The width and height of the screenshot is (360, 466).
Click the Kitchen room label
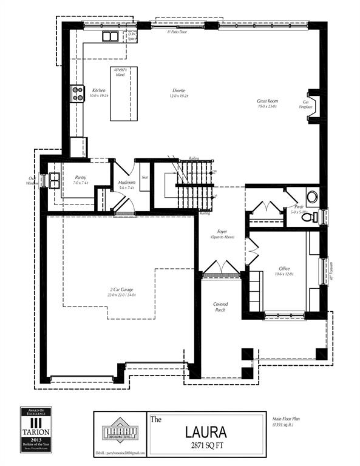tap(98, 91)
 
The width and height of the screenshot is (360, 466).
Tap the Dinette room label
tap(178, 92)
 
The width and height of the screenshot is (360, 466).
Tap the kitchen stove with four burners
tap(78, 93)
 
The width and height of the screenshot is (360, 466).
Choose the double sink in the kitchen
tap(110, 36)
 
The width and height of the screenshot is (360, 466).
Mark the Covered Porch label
tap(220, 306)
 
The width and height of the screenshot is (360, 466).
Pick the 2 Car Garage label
tap(119, 291)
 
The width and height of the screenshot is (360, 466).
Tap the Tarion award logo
tap(33, 429)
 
